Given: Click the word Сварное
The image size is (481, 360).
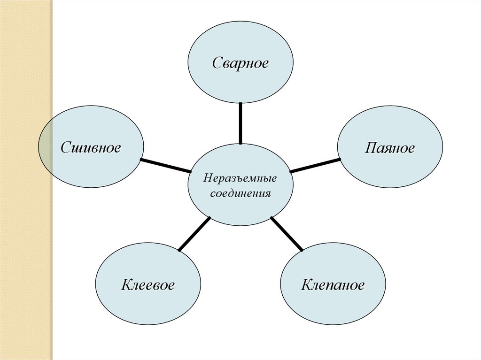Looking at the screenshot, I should (x=240, y=62).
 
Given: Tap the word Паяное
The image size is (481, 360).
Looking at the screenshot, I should (x=390, y=148).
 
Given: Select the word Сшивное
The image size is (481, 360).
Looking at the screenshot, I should (x=91, y=148).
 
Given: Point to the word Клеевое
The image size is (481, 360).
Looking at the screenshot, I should (x=148, y=284).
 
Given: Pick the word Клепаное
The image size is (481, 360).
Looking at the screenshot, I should (x=333, y=284).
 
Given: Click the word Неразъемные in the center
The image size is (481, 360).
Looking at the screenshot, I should (x=240, y=178).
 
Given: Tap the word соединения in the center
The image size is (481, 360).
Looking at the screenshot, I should (x=240, y=193).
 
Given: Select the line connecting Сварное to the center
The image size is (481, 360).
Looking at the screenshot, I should (x=240, y=123).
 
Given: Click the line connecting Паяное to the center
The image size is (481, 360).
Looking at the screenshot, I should (x=315, y=165).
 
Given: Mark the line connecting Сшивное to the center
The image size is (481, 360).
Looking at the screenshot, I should (x=165, y=166).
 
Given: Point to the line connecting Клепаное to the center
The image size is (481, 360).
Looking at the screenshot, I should (x=287, y=234).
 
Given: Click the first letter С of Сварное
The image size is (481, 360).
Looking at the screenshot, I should (x=217, y=63).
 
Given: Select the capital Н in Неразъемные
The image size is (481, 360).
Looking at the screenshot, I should (x=207, y=178).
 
